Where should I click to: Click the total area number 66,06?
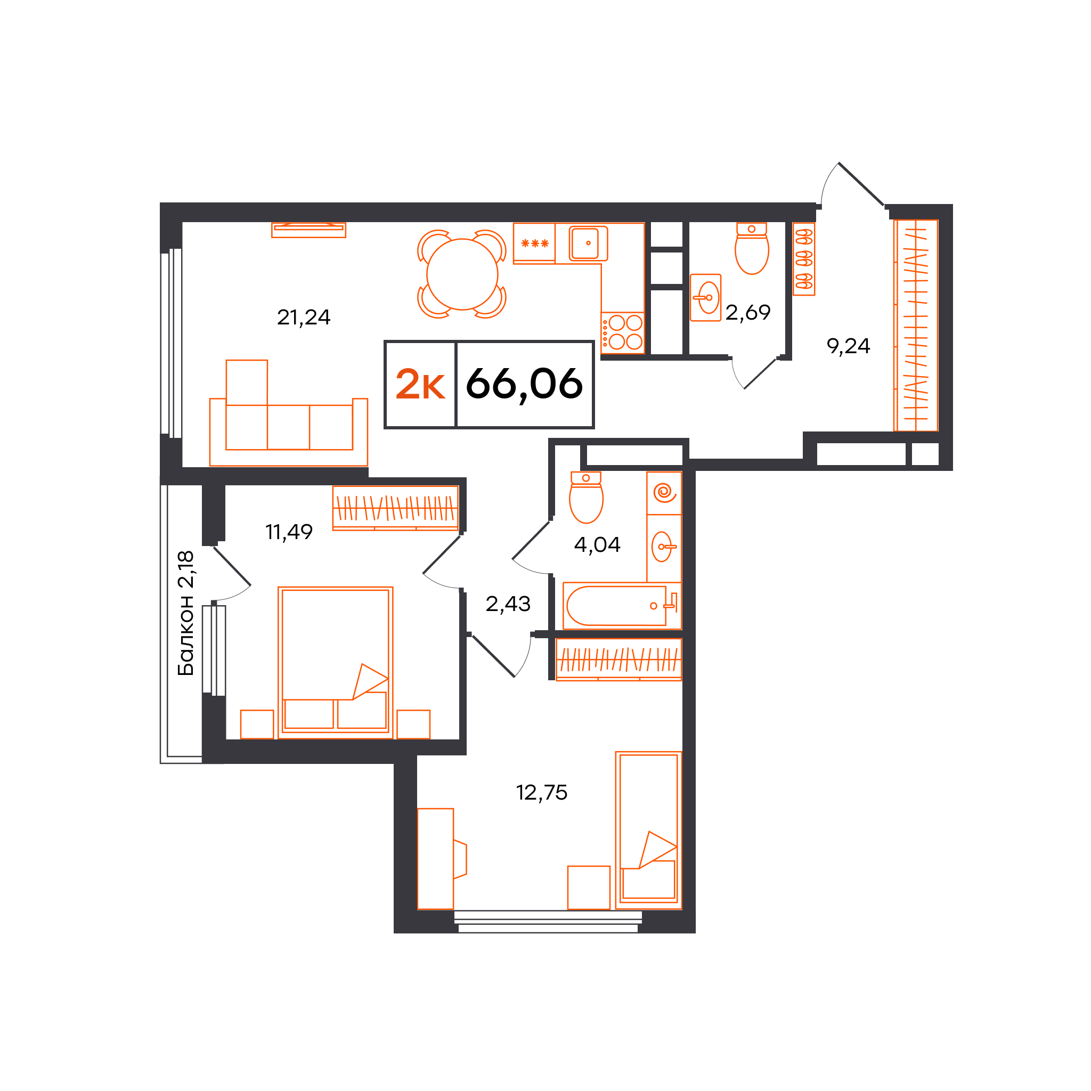[x=524, y=385]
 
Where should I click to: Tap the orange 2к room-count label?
[x=420, y=385]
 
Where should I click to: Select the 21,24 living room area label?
[x=303, y=317]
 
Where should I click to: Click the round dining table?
[x=462, y=274]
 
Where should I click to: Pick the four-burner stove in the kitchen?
[x=622, y=332]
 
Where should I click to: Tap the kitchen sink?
[x=588, y=243]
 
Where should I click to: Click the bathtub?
[x=622, y=605]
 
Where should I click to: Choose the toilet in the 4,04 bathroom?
[x=586, y=498]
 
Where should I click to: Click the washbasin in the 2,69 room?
[x=705, y=298]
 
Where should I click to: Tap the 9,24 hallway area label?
[x=848, y=346]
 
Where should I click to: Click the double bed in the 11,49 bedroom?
[x=336, y=662]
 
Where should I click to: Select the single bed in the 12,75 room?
[x=648, y=830]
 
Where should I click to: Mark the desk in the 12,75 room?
[x=435, y=859]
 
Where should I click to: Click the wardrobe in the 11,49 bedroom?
[x=395, y=508]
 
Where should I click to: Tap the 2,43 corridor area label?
[x=508, y=604]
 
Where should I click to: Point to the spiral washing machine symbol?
[x=664, y=493]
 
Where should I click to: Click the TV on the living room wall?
[x=308, y=230]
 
